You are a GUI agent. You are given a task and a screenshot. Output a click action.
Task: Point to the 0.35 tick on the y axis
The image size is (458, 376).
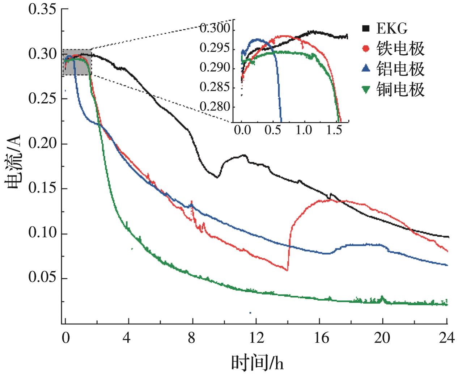pos(42,9)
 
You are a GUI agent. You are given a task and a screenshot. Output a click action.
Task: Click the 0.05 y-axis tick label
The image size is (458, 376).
pos(42,279)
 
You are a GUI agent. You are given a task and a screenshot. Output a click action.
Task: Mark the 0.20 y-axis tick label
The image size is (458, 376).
pos(42,144)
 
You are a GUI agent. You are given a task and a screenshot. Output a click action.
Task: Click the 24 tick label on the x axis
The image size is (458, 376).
pos(447,338)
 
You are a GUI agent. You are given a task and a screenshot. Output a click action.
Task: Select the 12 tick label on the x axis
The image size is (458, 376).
pos(256,338)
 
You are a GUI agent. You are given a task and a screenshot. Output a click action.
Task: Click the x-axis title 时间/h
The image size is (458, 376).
pos(257,362)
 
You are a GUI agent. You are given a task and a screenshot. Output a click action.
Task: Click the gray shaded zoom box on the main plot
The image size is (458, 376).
pos(77,62)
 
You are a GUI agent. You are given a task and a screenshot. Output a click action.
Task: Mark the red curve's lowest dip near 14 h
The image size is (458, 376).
pos(288,270)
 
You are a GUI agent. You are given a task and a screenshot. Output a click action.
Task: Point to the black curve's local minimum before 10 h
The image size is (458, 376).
pos(217,177)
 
